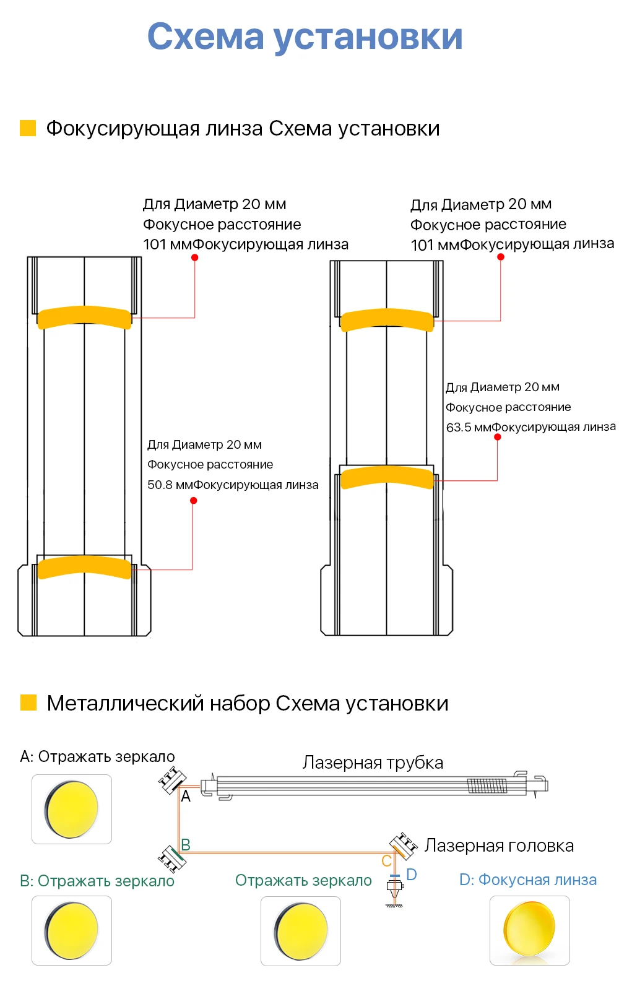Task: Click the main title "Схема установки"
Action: [x=305, y=37]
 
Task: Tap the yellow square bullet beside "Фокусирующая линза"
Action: [x=28, y=128]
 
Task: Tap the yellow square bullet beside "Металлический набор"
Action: [x=28, y=703]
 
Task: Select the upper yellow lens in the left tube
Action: [x=85, y=317]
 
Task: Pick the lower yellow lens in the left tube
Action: [x=85, y=567]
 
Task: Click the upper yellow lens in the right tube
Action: [x=387, y=319]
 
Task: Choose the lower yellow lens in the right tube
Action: [x=387, y=477]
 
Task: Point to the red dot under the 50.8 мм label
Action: [x=194, y=500]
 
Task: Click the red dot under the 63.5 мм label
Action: [x=498, y=437]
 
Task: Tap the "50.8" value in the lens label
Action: [x=160, y=485]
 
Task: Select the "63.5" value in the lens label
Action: [x=459, y=427]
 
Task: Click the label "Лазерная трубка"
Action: [x=373, y=763]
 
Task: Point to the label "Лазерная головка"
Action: [x=499, y=845]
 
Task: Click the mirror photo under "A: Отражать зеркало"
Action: [x=72, y=809]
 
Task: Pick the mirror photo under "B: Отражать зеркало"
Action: [x=72, y=930]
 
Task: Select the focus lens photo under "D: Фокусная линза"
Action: [x=529, y=930]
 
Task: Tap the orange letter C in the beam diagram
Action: [x=386, y=861]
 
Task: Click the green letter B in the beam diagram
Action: [x=185, y=844]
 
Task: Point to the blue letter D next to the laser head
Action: [x=412, y=875]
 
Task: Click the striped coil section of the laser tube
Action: [x=487, y=785]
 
